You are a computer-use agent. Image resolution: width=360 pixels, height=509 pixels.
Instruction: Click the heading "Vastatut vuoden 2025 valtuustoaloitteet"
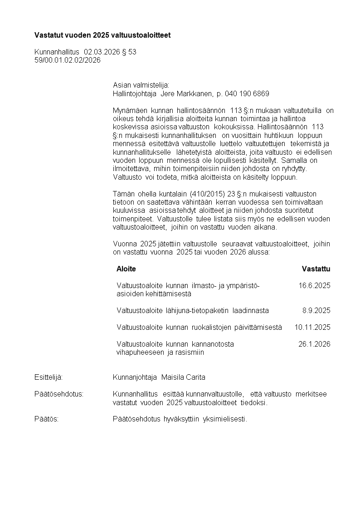tap(102, 35)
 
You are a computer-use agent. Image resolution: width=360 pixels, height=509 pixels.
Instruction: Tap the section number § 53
tap(129, 52)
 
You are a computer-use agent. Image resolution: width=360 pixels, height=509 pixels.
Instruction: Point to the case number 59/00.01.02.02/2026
tap(68, 60)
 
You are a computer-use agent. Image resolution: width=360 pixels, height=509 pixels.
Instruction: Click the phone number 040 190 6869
tap(247, 94)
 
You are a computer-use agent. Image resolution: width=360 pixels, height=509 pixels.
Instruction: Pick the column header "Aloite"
tap(126, 269)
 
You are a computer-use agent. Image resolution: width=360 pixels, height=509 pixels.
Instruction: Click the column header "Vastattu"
tap(316, 269)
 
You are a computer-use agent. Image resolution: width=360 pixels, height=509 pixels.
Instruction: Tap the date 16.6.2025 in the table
tap(314, 285)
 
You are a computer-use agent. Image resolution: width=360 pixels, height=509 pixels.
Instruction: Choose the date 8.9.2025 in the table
tap(316, 311)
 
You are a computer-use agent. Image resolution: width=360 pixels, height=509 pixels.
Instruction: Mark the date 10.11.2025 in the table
tap(312, 327)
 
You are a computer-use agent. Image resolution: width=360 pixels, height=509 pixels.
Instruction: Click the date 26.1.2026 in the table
tap(314, 344)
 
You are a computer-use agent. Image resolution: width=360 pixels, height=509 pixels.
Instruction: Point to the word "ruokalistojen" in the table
tap(215, 327)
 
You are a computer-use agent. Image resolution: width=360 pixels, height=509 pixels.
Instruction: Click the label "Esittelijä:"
tap(48, 377)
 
